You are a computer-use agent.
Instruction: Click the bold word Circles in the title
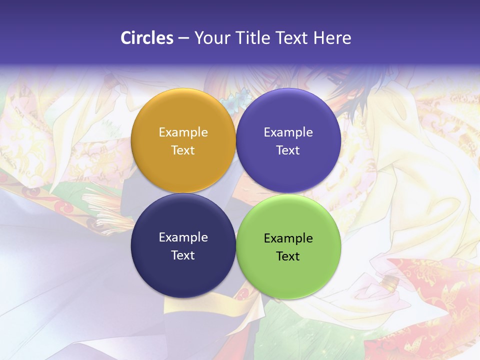146,38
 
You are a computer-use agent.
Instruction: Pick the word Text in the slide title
292,38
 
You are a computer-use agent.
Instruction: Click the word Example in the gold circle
183,132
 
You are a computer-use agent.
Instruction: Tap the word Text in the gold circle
183,150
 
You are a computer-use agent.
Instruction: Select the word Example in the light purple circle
288,132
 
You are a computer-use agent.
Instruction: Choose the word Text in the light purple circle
288,150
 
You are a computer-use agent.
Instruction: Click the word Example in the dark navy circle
183,237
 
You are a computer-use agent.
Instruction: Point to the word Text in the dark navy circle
183,255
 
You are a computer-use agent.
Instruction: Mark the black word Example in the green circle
288,238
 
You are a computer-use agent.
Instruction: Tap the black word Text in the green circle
288,256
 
